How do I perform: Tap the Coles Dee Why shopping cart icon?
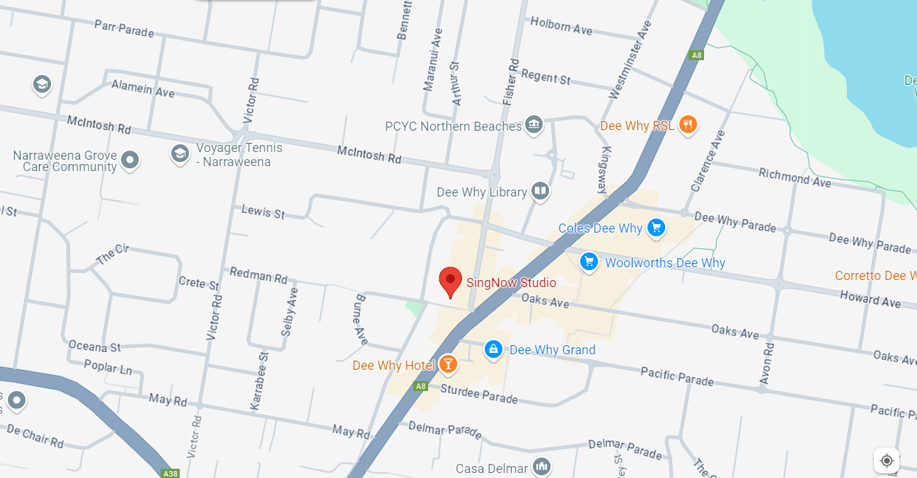click(x=657, y=228)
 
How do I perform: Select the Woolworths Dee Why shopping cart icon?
click(x=588, y=262)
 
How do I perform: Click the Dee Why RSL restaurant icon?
click(x=687, y=125)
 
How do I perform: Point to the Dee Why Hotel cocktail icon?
click(x=447, y=365)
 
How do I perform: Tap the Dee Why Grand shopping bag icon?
click(x=493, y=349)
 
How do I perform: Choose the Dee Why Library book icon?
click(x=540, y=191)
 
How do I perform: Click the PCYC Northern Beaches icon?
click(x=534, y=126)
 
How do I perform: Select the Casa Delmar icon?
click(x=541, y=467)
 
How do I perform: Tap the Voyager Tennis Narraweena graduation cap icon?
click(x=180, y=153)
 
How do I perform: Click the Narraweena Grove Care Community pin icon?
click(x=129, y=160)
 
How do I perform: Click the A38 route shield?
click(x=169, y=473)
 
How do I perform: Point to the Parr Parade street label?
click(x=124, y=29)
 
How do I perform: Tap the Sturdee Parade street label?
click(x=479, y=394)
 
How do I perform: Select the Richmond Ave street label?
click(x=795, y=177)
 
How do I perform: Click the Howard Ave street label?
click(x=870, y=299)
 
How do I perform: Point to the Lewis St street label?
click(x=263, y=211)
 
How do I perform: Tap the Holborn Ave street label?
click(x=561, y=26)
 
